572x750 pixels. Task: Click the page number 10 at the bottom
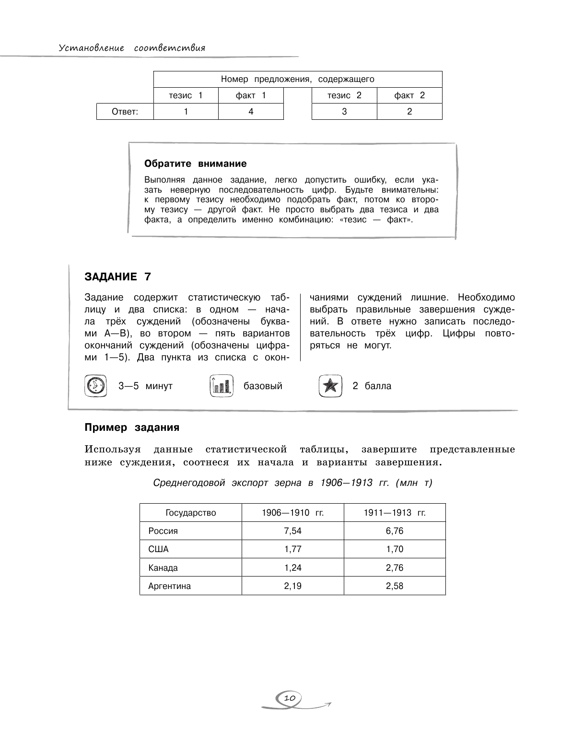coord(289,698)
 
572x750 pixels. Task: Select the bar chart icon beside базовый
coord(222,386)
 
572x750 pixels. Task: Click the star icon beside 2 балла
coord(330,386)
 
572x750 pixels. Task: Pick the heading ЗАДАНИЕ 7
coord(117,277)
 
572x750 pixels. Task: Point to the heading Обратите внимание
coord(196,163)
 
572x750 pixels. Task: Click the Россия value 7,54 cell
coord(292,531)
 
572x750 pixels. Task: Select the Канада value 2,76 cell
coord(395,568)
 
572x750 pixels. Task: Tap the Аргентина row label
coord(170,586)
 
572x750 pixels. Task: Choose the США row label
coord(159,549)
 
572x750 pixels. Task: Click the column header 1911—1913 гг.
coord(395,513)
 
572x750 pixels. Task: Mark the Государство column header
coord(191,513)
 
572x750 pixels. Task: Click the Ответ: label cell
coord(125,112)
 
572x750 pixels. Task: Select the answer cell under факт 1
coord(251,112)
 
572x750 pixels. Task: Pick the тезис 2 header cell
coord(344,95)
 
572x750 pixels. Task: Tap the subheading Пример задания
coord(132,427)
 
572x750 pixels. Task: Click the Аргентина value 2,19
coord(292,586)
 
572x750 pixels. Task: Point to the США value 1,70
coord(395,549)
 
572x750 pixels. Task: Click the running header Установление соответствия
coord(132,48)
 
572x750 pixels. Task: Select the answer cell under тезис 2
coord(344,112)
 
